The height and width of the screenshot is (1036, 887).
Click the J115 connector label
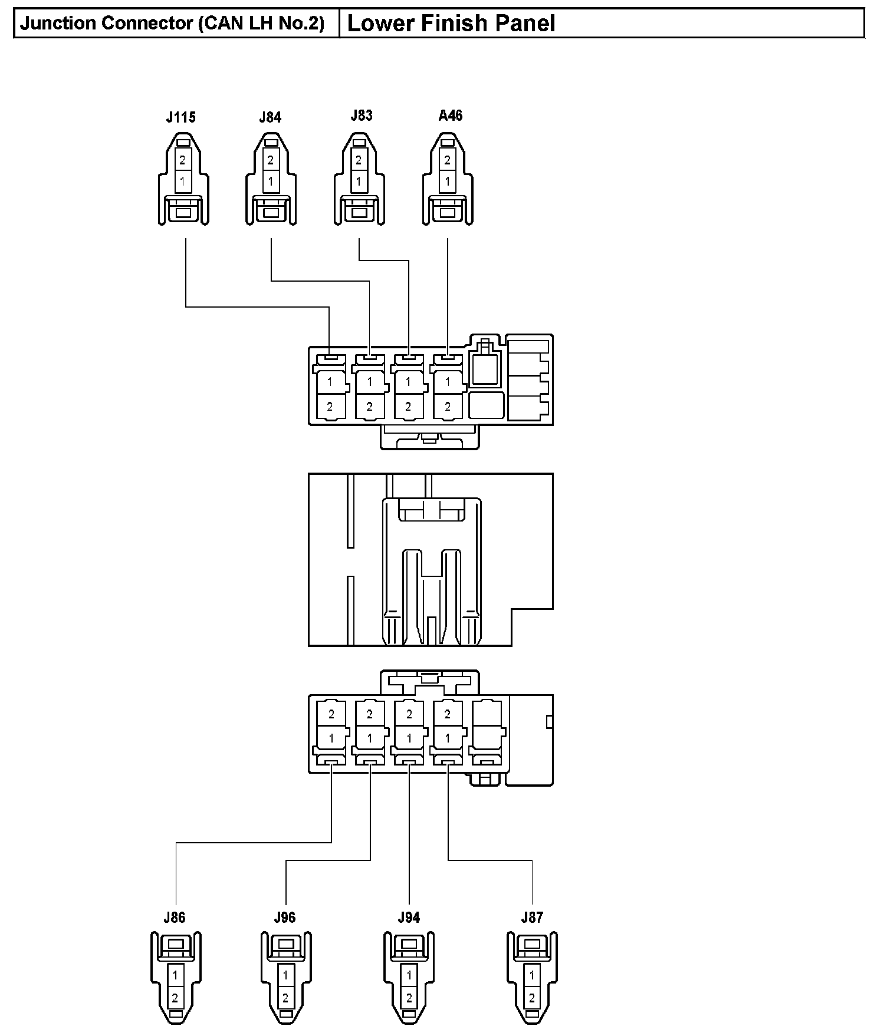(x=180, y=117)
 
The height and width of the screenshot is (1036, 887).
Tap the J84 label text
(x=270, y=117)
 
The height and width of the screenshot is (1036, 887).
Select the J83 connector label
(x=361, y=116)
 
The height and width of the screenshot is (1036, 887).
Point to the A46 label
(x=450, y=116)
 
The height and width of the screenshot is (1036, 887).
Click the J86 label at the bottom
(x=175, y=917)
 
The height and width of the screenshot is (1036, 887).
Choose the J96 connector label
(x=285, y=917)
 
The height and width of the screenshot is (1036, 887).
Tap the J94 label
(x=409, y=917)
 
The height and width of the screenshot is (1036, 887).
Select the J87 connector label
(x=532, y=917)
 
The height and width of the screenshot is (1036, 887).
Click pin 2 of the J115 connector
(x=183, y=160)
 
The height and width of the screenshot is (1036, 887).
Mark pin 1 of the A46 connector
(x=448, y=181)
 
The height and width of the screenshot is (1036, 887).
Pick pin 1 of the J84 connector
(x=271, y=181)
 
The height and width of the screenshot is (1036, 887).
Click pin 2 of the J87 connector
(x=532, y=998)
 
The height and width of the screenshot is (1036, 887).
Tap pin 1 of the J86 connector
(x=175, y=976)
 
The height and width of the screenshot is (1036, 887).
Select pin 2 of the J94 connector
(x=409, y=998)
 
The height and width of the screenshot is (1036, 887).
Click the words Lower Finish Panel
(x=451, y=24)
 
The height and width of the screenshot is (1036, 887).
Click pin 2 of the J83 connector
(x=359, y=160)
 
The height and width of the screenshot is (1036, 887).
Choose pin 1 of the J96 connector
(x=285, y=976)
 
